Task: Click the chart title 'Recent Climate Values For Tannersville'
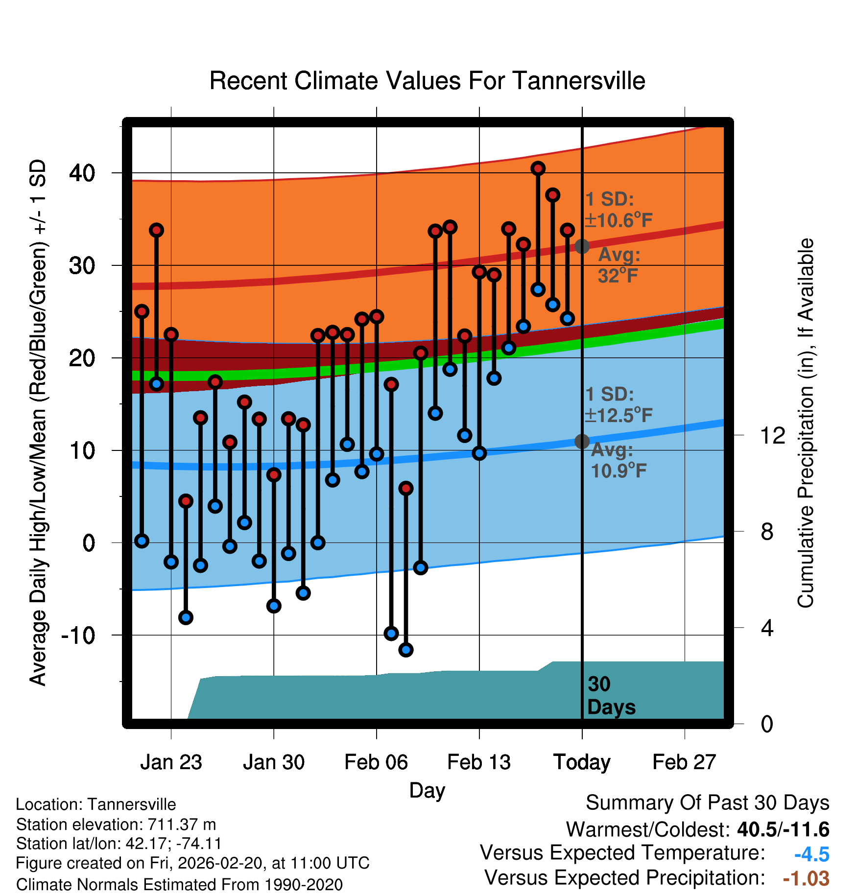[427, 81]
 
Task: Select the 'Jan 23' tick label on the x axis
[171, 762]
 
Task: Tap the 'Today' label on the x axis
[582, 762]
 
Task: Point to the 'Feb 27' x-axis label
[684, 762]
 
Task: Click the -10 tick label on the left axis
[78, 636]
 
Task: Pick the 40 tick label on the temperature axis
[82, 173]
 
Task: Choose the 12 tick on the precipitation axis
[773, 435]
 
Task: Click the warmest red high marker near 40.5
[538, 168]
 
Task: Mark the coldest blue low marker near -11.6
[406, 650]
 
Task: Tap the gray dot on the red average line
[582, 246]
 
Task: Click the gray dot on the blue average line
[582, 441]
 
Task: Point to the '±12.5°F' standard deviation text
[619, 416]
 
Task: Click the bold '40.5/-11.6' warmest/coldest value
[783, 829]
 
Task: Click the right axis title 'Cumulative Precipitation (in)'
[806, 424]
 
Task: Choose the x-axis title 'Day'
[427, 791]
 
